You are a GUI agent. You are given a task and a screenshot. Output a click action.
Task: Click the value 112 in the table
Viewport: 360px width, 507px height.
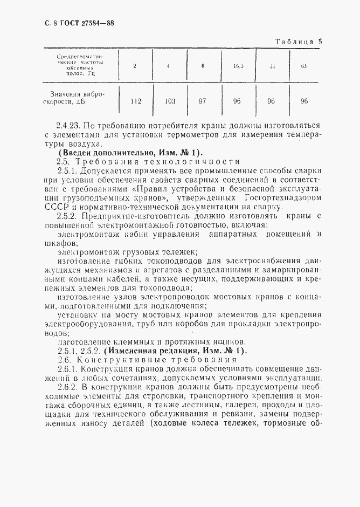click(136, 101)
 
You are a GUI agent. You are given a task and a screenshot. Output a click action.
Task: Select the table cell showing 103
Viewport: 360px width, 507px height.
click(170, 101)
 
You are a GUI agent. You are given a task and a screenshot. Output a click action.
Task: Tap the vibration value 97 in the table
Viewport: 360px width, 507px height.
click(203, 101)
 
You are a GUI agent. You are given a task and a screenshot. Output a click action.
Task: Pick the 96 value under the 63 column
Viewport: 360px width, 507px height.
click(304, 101)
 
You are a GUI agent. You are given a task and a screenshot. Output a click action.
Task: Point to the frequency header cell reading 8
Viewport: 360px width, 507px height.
click(203, 66)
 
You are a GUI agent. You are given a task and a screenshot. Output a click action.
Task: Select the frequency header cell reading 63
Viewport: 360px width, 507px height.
click(304, 66)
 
